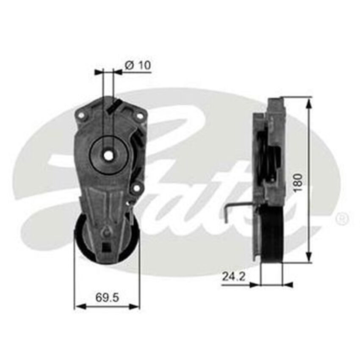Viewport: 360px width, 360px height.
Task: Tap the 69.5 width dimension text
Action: coord(107,297)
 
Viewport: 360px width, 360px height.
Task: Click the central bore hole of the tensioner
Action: coord(108,155)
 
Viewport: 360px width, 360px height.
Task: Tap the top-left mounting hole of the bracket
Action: coord(81,114)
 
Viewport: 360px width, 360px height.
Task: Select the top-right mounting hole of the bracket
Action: coord(138,114)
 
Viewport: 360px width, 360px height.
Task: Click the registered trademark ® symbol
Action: coord(342,219)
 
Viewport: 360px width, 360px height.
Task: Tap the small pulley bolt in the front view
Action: coord(107,231)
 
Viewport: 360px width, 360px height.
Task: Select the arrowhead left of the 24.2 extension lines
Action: coord(255,285)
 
